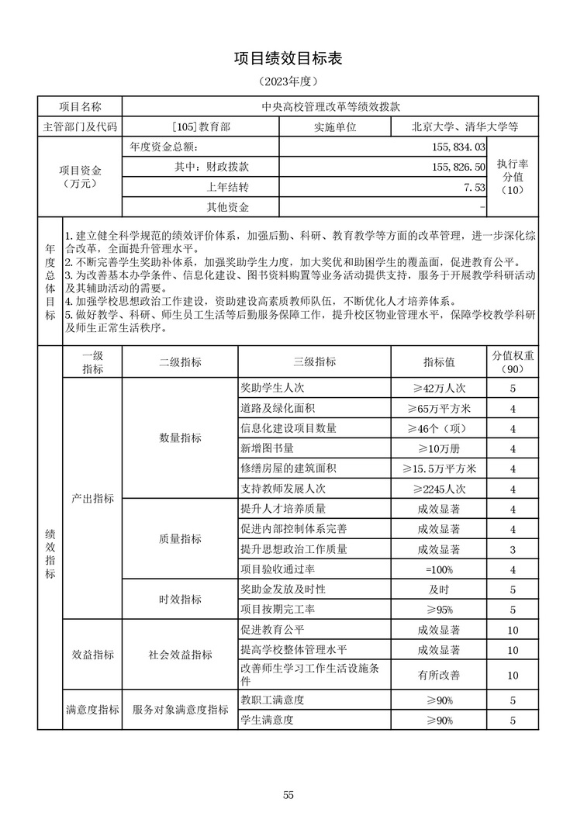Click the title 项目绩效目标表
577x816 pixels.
click(288, 59)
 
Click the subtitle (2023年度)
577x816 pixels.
click(288, 81)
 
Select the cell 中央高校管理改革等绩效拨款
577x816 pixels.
click(330, 106)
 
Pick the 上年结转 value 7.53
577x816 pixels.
click(474, 187)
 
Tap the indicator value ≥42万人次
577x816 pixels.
click(439, 388)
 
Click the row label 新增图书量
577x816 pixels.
click(268, 448)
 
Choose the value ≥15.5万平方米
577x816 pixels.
click(439, 469)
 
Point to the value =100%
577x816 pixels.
click(439, 569)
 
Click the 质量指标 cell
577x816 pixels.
click(180, 539)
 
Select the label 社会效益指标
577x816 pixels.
click(180, 654)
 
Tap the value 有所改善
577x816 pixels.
click(439, 675)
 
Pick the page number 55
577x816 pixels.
click(288, 794)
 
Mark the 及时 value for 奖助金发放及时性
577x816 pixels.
click(439, 590)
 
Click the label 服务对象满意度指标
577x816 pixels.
click(180, 710)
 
